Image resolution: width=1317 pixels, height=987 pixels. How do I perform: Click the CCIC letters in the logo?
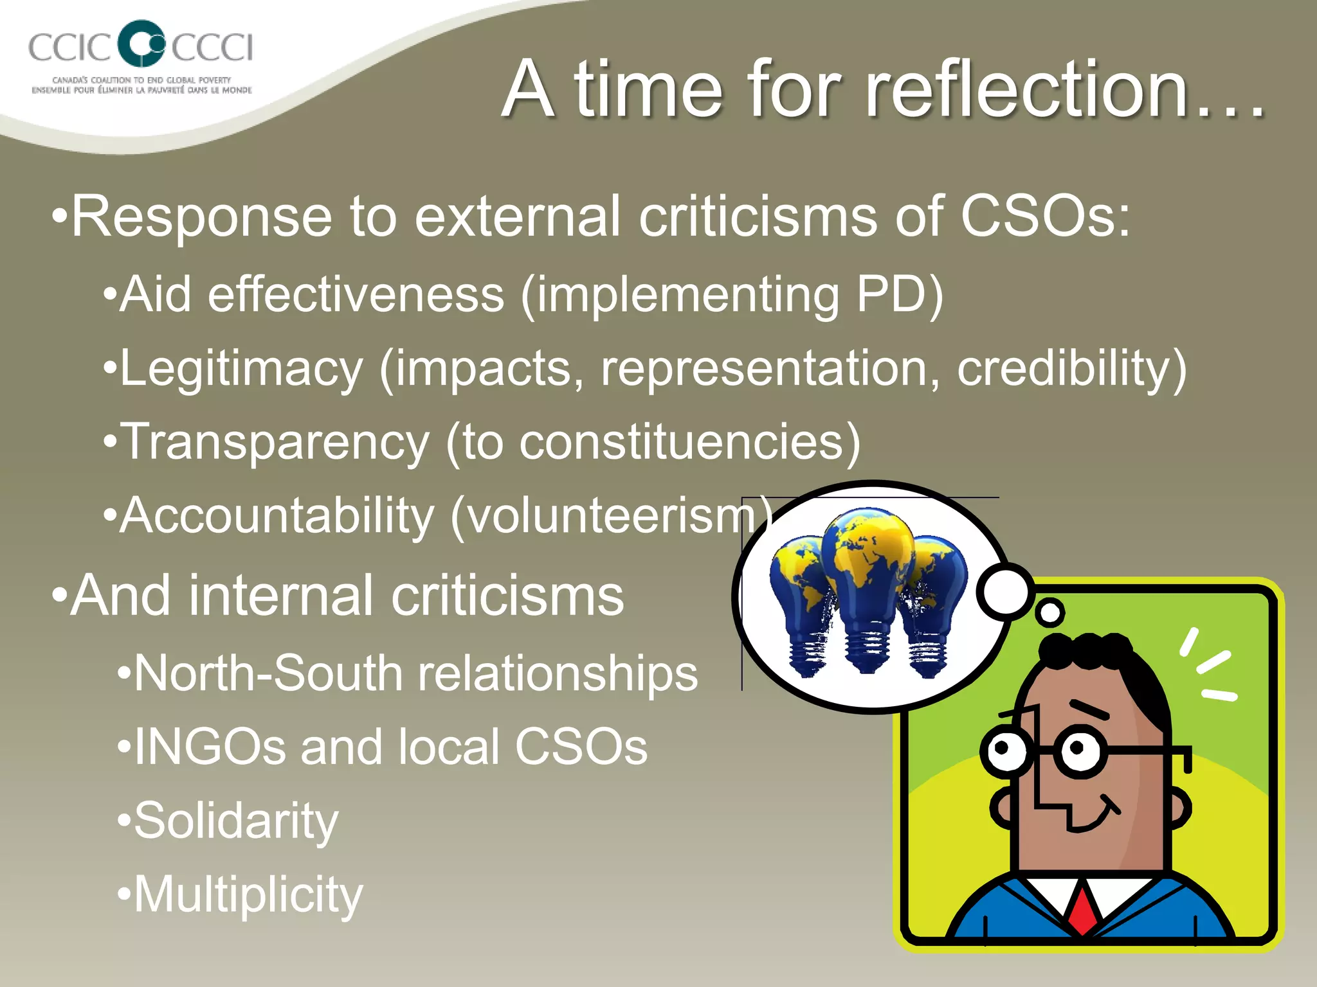click(69, 47)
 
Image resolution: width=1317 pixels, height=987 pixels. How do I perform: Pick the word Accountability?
click(277, 515)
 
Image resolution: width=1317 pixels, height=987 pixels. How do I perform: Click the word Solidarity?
click(235, 821)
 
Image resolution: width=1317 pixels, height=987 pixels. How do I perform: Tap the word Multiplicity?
click(248, 894)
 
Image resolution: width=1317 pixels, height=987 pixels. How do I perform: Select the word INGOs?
click(209, 747)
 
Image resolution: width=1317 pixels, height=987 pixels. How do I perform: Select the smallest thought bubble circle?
click(1051, 612)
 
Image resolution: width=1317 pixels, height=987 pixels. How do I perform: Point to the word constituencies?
click(682, 442)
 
